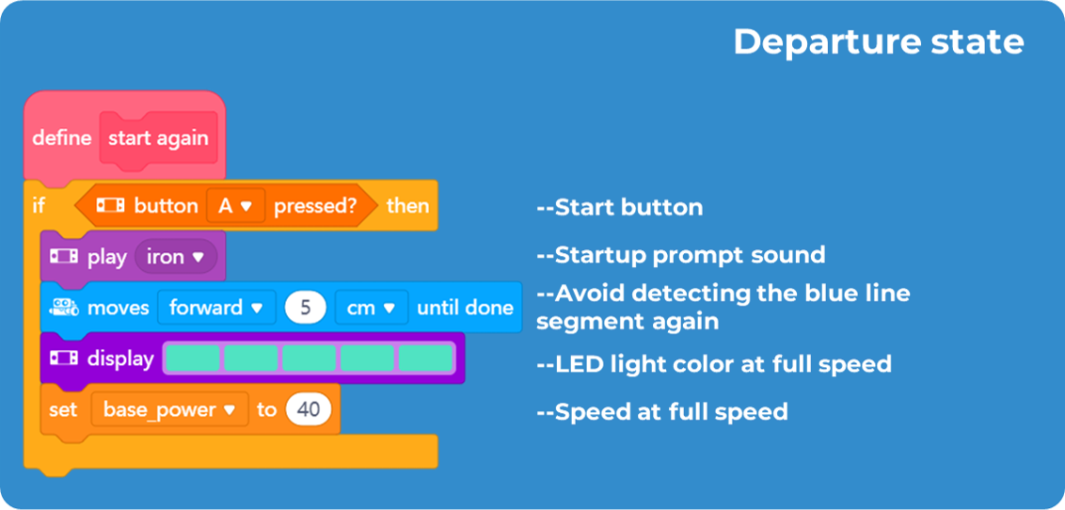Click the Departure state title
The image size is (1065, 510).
(878, 42)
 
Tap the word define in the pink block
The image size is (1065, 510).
(62, 138)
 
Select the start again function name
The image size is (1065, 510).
(158, 138)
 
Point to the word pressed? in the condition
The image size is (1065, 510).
(315, 206)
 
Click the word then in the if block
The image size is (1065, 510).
(407, 206)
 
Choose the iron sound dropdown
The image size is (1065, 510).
(176, 257)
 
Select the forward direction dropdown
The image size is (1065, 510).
(215, 308)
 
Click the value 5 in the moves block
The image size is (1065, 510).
(305, 308)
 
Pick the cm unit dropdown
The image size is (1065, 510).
(371, 308)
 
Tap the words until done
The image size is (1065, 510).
(465, 308)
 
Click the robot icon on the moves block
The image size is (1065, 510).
(65, 307)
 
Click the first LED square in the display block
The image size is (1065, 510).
(193, 359)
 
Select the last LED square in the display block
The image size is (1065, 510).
(426, 359)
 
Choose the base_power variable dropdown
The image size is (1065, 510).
(169, 410)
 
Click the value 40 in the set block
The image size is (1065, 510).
(309, 410)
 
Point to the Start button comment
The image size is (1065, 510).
(619, 207)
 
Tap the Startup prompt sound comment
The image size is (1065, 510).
(680, 255)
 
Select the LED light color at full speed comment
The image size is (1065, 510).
(713, 363)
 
